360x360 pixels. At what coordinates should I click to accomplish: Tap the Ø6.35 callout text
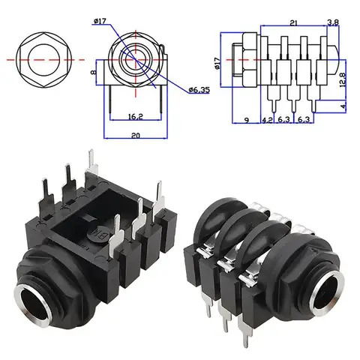coord(199,91)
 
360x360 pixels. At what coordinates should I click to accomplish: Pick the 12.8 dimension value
coord(342,75)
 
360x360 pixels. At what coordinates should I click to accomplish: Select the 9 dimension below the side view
coord(247,119)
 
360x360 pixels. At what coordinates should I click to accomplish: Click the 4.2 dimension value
coord(268,119)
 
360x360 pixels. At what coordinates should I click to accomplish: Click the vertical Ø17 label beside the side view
coord(218,64)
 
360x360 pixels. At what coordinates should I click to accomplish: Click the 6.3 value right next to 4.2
coord(284,119)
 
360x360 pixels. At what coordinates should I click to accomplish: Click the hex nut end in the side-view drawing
coord(241,58)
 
